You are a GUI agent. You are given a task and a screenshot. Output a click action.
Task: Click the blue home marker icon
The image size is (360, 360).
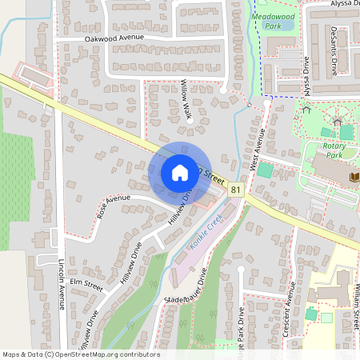point(179,173)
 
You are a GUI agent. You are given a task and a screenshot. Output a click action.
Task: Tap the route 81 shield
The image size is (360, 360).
point(235,190)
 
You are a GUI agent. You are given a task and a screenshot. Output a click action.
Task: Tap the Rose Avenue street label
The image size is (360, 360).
point(113,207)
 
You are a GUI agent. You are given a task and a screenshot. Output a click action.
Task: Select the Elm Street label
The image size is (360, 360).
point(86,284)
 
